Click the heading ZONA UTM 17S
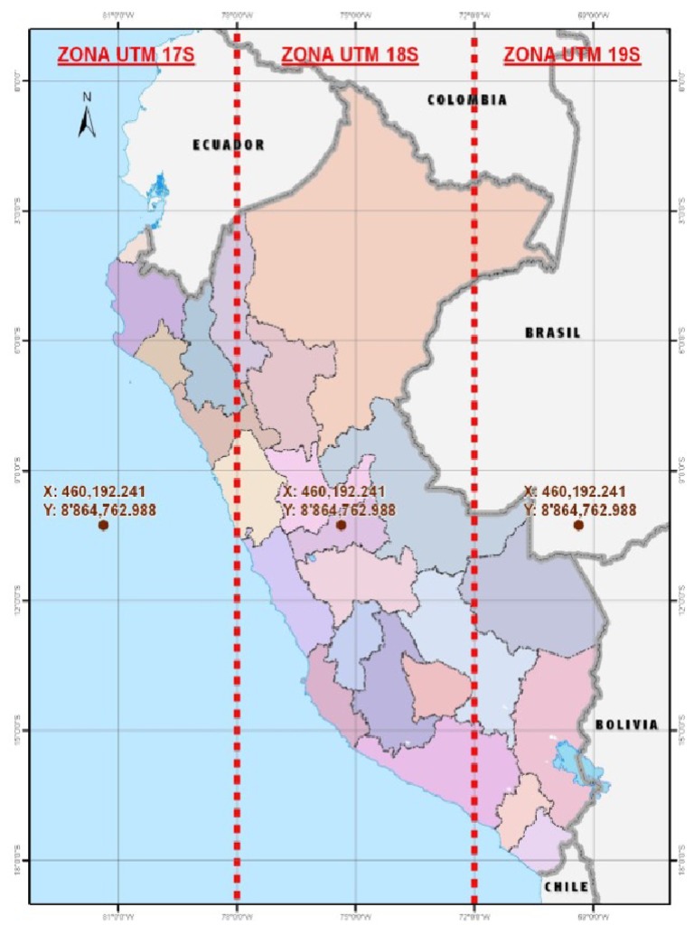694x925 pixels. pos(127,55)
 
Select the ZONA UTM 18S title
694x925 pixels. pos(350,55)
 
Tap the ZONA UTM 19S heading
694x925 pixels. pos(571,55)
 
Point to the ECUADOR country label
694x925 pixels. pos(229,145)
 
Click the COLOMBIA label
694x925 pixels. pos(467,100)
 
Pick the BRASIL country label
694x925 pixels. pos(553,332)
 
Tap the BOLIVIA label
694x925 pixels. pos(626,725)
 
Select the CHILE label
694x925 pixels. pos(567,887)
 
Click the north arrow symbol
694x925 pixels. pos(88,117)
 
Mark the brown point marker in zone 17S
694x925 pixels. pos(103,526)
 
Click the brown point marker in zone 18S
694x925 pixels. pos(341,525)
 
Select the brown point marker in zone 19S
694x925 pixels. pos(578,525)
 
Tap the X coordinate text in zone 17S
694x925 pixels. pos(94,491)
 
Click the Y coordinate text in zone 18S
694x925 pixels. pos(339,509)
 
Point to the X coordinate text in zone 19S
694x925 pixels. pos(575,491)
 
